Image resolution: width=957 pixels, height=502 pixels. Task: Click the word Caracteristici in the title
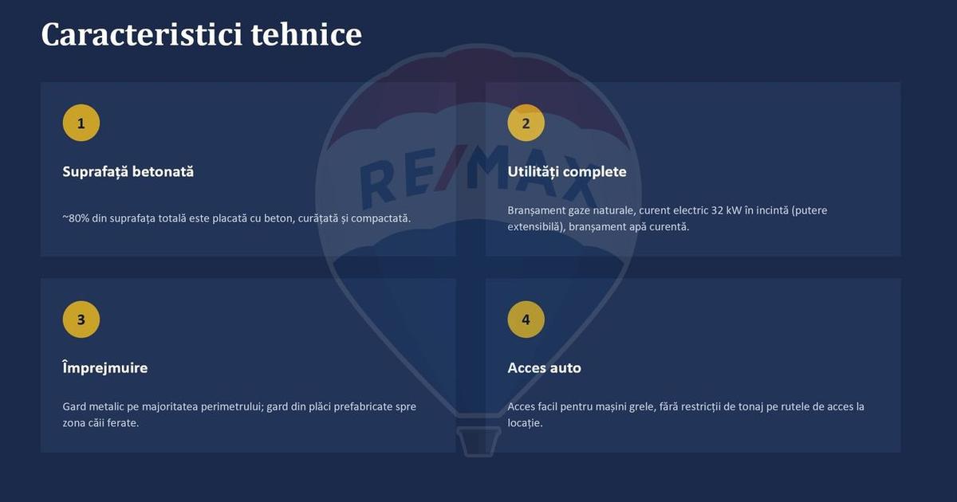pyautogui.click(x=142, y=34)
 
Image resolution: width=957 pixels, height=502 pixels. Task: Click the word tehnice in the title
pyautogui.click(x=306, y=34)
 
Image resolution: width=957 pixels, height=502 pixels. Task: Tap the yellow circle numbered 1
pyautogui.click(x=81, y=123)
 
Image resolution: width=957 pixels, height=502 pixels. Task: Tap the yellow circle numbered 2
pyautogui.click(x=526, y=123)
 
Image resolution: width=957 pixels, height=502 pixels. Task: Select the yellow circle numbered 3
pyautogui.click(x=81, y=320)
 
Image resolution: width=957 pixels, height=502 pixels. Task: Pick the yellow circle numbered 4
pyautogui.click(x=526, y=320)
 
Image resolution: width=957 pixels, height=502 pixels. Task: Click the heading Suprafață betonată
pyautogui.click(x=128, y=172)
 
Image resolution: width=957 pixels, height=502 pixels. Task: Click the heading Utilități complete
pyautogui.click(x=567, y=172)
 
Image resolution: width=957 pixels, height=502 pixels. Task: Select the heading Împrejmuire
pyautogui.click(x=105, y=367)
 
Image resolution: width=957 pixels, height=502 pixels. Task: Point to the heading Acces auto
pyautogui.click(x=544, y=368)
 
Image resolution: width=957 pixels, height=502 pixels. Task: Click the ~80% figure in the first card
pyautogui.click(x=76, y=218)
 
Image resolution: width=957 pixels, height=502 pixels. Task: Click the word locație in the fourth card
pyautogui.click(x=525, y=423)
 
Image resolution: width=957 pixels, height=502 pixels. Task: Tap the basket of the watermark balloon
pyautogui.click(x=478, y=441)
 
